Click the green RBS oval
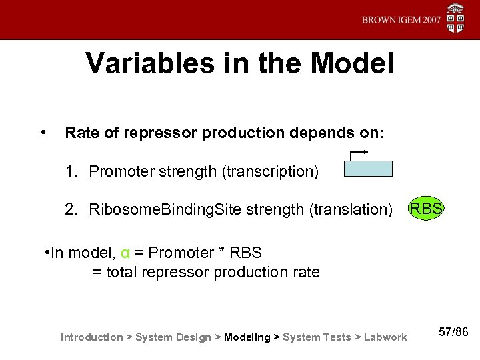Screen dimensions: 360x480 click(425, 209)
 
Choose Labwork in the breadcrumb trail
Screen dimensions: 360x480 click(385, 337)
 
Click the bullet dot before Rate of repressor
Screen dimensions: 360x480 click(43, 131)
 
